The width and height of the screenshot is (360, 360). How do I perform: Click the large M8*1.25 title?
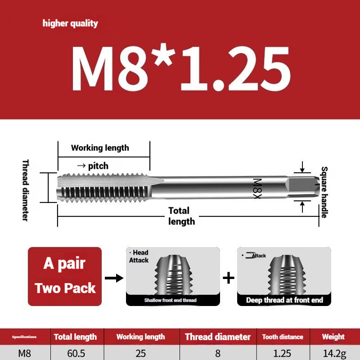180,67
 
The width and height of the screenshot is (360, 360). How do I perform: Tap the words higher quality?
70,23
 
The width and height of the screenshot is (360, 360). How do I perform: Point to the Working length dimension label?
100,148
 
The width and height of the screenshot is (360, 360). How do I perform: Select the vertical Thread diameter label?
25,189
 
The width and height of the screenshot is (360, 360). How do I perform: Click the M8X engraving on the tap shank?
257,189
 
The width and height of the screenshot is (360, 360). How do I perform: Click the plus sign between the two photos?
229,278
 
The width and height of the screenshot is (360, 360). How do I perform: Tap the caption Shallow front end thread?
170,300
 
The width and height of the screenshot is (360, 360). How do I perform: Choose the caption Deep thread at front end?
284,300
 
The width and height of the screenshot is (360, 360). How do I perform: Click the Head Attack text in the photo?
139,256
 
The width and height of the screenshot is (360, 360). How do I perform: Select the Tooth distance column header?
283,337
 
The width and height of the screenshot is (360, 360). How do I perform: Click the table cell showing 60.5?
75,353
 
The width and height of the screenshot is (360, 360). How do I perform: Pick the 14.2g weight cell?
333,353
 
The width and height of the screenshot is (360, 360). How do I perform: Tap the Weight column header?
333,337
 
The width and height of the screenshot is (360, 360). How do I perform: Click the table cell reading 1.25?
283,353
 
